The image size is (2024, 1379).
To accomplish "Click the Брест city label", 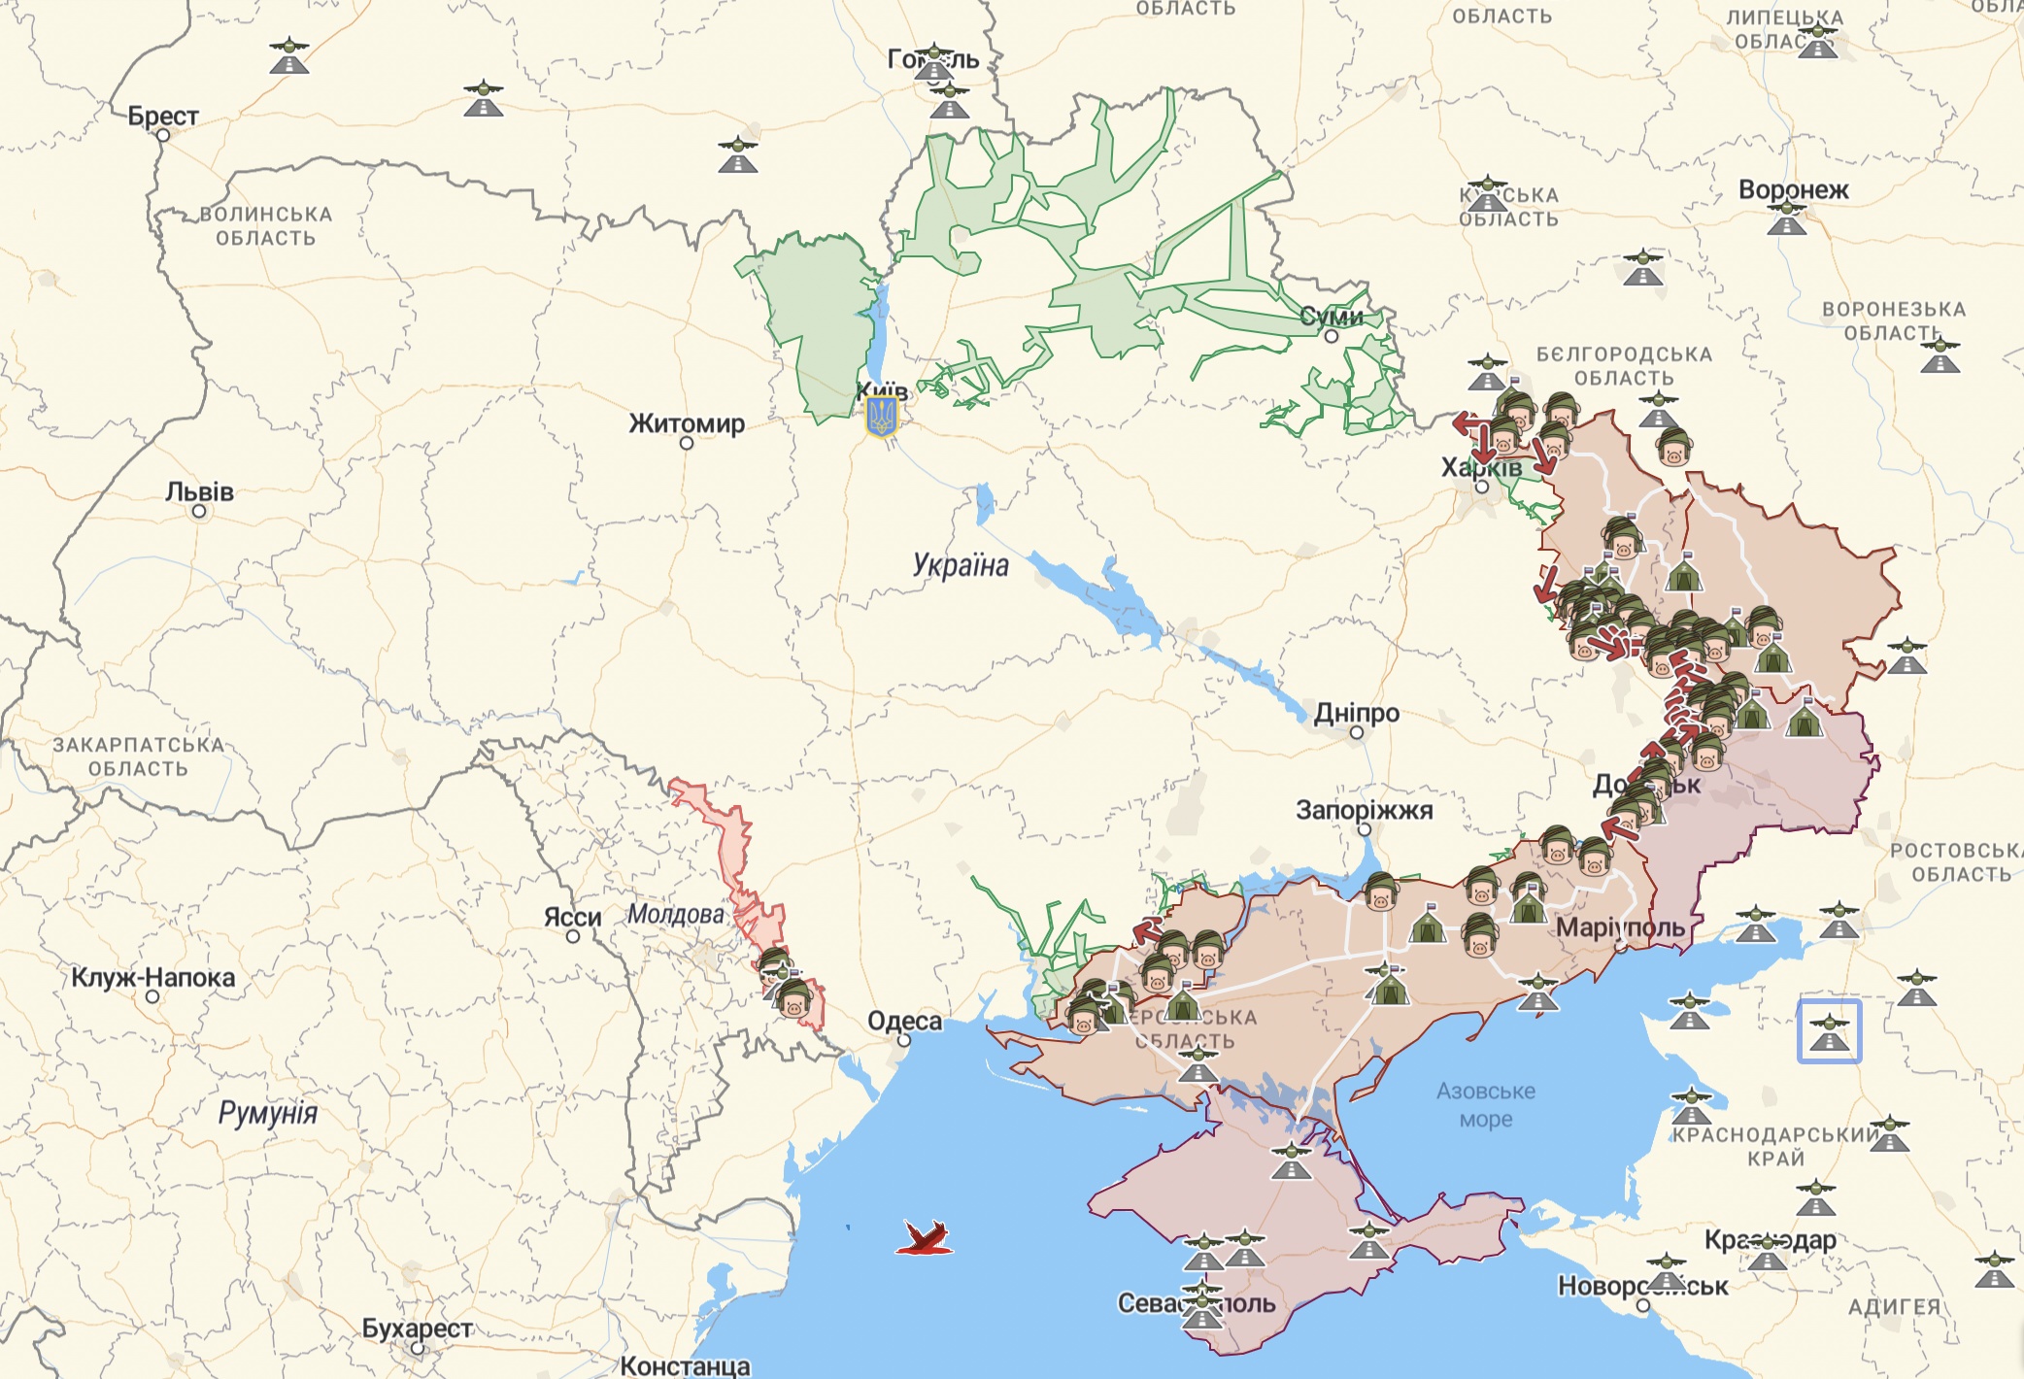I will click(x=163, y=117).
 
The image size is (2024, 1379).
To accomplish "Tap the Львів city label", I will click(x=199, y=491).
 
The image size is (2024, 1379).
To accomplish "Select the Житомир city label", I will click(x=687, y=423).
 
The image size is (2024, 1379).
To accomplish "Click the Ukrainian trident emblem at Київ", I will click(x=882, y=417).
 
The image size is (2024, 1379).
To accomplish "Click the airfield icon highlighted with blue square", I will click(x=1829, y=1031).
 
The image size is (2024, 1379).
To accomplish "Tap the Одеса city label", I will click(x=904, y=1021).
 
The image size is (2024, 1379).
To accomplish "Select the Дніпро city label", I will click(x=1357, y=713).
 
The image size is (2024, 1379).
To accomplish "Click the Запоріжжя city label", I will click(x=1364, y=810).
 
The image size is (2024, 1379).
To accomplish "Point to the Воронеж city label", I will click(x=1793, y=189).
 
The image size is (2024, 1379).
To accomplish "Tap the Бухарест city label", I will click(x=418, y=1328).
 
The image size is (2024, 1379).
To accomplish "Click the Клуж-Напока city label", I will click(x=152, y=977).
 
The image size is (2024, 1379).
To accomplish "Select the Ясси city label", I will click(x=572, y=917).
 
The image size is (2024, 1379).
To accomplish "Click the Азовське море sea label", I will click(x=1486, y=1104).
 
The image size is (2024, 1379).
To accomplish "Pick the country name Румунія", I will click(x=267, y=1113).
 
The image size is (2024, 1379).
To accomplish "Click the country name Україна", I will click(x=961, y=565).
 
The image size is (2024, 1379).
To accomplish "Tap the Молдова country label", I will click(x=675, y=914).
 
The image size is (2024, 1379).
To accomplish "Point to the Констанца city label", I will click(x=685, y=1365).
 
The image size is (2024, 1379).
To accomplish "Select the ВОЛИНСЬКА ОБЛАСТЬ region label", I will click(x=266, y=226).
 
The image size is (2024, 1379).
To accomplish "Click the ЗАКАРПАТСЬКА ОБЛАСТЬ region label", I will click(x=138, y=757).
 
